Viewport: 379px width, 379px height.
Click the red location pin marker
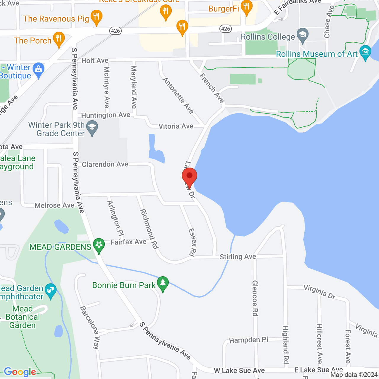point(189,177)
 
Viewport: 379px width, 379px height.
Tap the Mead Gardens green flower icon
point(99,245)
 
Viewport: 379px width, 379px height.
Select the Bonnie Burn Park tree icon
point(163,283)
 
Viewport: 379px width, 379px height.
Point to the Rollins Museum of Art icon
point(365,52)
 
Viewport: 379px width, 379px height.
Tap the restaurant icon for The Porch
point(59,39)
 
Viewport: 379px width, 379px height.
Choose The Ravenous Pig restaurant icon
point(96,17)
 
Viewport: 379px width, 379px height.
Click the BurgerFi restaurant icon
point(246,7)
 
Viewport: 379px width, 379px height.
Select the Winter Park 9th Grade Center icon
point(92,128)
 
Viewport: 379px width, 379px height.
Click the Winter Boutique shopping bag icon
point(38,70)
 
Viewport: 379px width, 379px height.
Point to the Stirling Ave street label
point(238,257)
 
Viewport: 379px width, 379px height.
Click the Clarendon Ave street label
point(105,164)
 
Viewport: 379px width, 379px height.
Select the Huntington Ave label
point(106,115)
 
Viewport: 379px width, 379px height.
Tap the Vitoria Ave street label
point(176,126)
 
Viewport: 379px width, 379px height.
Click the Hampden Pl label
point(248,340)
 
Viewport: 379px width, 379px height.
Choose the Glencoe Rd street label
point(255,298)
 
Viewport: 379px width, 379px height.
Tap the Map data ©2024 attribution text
point(354,375)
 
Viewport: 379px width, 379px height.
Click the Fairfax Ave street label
point(129,242)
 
